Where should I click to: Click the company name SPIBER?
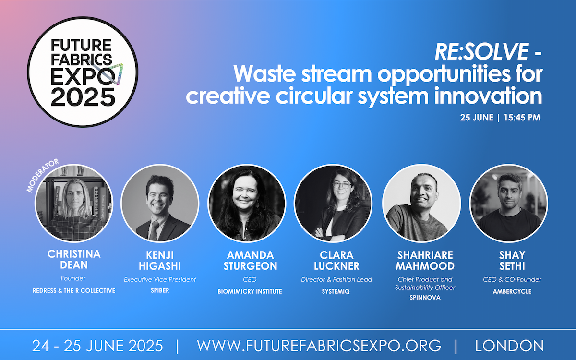tap(160, 290)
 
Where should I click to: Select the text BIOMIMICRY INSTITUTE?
tap(247, 291)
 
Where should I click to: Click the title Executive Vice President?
tap(160, 279)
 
